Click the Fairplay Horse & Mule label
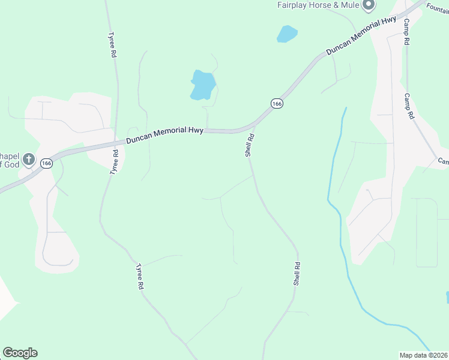318,5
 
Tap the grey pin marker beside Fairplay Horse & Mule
370,5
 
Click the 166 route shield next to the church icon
47,163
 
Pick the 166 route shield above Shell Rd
277,104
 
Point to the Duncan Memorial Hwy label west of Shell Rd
164,135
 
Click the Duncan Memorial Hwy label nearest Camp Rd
360,37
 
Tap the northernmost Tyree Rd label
112,45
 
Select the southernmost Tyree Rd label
140,277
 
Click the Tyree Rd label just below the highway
113,162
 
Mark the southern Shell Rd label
297,273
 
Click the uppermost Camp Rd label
406,32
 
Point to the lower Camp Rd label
409,106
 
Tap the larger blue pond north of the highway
202,85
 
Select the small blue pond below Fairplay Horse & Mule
287,34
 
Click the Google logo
20,353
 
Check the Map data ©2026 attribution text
423,355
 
